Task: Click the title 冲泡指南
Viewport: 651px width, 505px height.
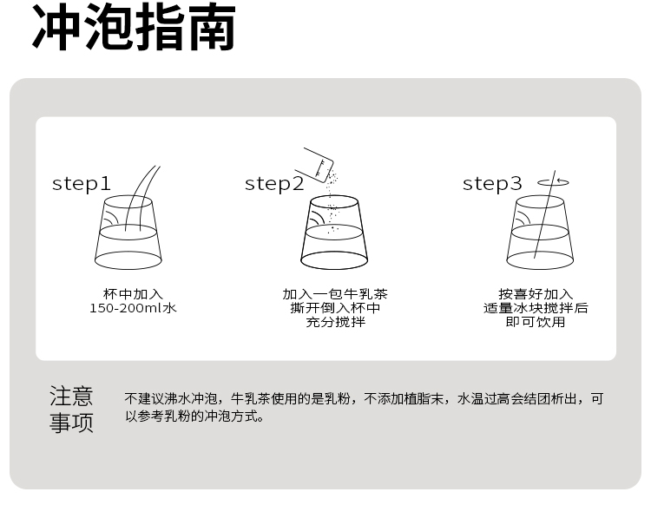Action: pyautogui.click(x=134, y=27)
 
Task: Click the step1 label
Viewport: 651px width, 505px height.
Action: pyautogui.click(x=82, y=184)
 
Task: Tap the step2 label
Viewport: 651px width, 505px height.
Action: pyautogui.click(x=274, y=184)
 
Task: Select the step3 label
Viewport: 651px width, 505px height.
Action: pyautogui.click(x=492, y=184)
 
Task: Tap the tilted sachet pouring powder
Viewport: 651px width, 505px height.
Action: pyautogui.click(x=314, y=164)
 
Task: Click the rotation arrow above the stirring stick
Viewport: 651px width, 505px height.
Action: pyautogui.click(x=554, y=182)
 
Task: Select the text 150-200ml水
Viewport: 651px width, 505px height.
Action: pyautogui.click(x=134, y=308)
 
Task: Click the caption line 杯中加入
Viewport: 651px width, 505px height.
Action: pyautogui.click(x=134, y=294)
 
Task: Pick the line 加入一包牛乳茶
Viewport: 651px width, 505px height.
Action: pyautogui.click(x=335, y=294)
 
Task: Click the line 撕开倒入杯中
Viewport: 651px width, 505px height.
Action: pyautogui.click(x=335, y=308)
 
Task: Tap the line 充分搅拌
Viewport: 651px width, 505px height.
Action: pyautogui.click(x=335, y=322)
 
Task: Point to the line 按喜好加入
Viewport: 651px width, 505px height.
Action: pyautogui.click(x=536, y=294)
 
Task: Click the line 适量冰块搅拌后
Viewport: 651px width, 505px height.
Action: pyautogui.click(x=536, y=308)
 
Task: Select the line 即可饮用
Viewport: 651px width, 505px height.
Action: pyautogui.click(x=536, y=322)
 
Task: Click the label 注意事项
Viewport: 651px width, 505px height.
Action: pyautogui.click(x=71, y=410)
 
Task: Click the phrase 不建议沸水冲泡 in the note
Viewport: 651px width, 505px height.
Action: pyautogui.click(x=171, y=399)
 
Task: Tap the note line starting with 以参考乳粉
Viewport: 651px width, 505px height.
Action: pyautogui.click(x=194, y=416)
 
